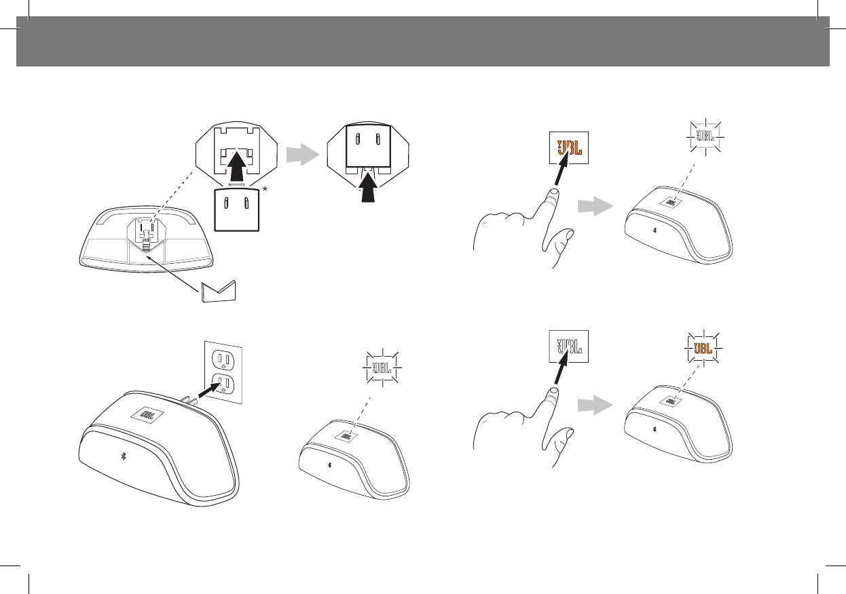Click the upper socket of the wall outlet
click(225, 359)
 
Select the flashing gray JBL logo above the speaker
click(705, 136)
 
